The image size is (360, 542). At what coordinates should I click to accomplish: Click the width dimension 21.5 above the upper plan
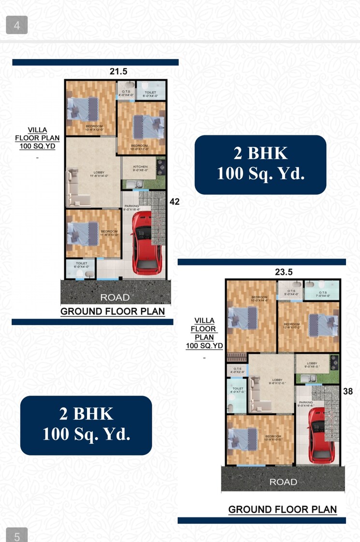point(118,71)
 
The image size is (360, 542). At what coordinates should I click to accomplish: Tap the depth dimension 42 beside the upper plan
point(174,202)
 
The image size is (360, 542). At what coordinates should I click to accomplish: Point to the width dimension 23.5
point(284,272)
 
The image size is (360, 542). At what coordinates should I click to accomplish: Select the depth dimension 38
point(347,392)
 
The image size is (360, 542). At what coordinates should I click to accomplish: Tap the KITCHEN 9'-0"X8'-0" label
point(140,169)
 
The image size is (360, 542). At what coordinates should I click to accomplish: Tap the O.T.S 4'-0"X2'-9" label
point(237,370)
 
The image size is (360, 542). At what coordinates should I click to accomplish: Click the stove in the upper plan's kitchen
point(161,168)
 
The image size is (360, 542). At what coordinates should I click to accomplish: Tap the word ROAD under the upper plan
point(115,297)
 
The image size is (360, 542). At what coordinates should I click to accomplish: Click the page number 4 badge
point(17,26)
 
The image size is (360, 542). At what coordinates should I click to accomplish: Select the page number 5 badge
point(17,536)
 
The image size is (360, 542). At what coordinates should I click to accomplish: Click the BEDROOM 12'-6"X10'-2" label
point(292,326)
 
